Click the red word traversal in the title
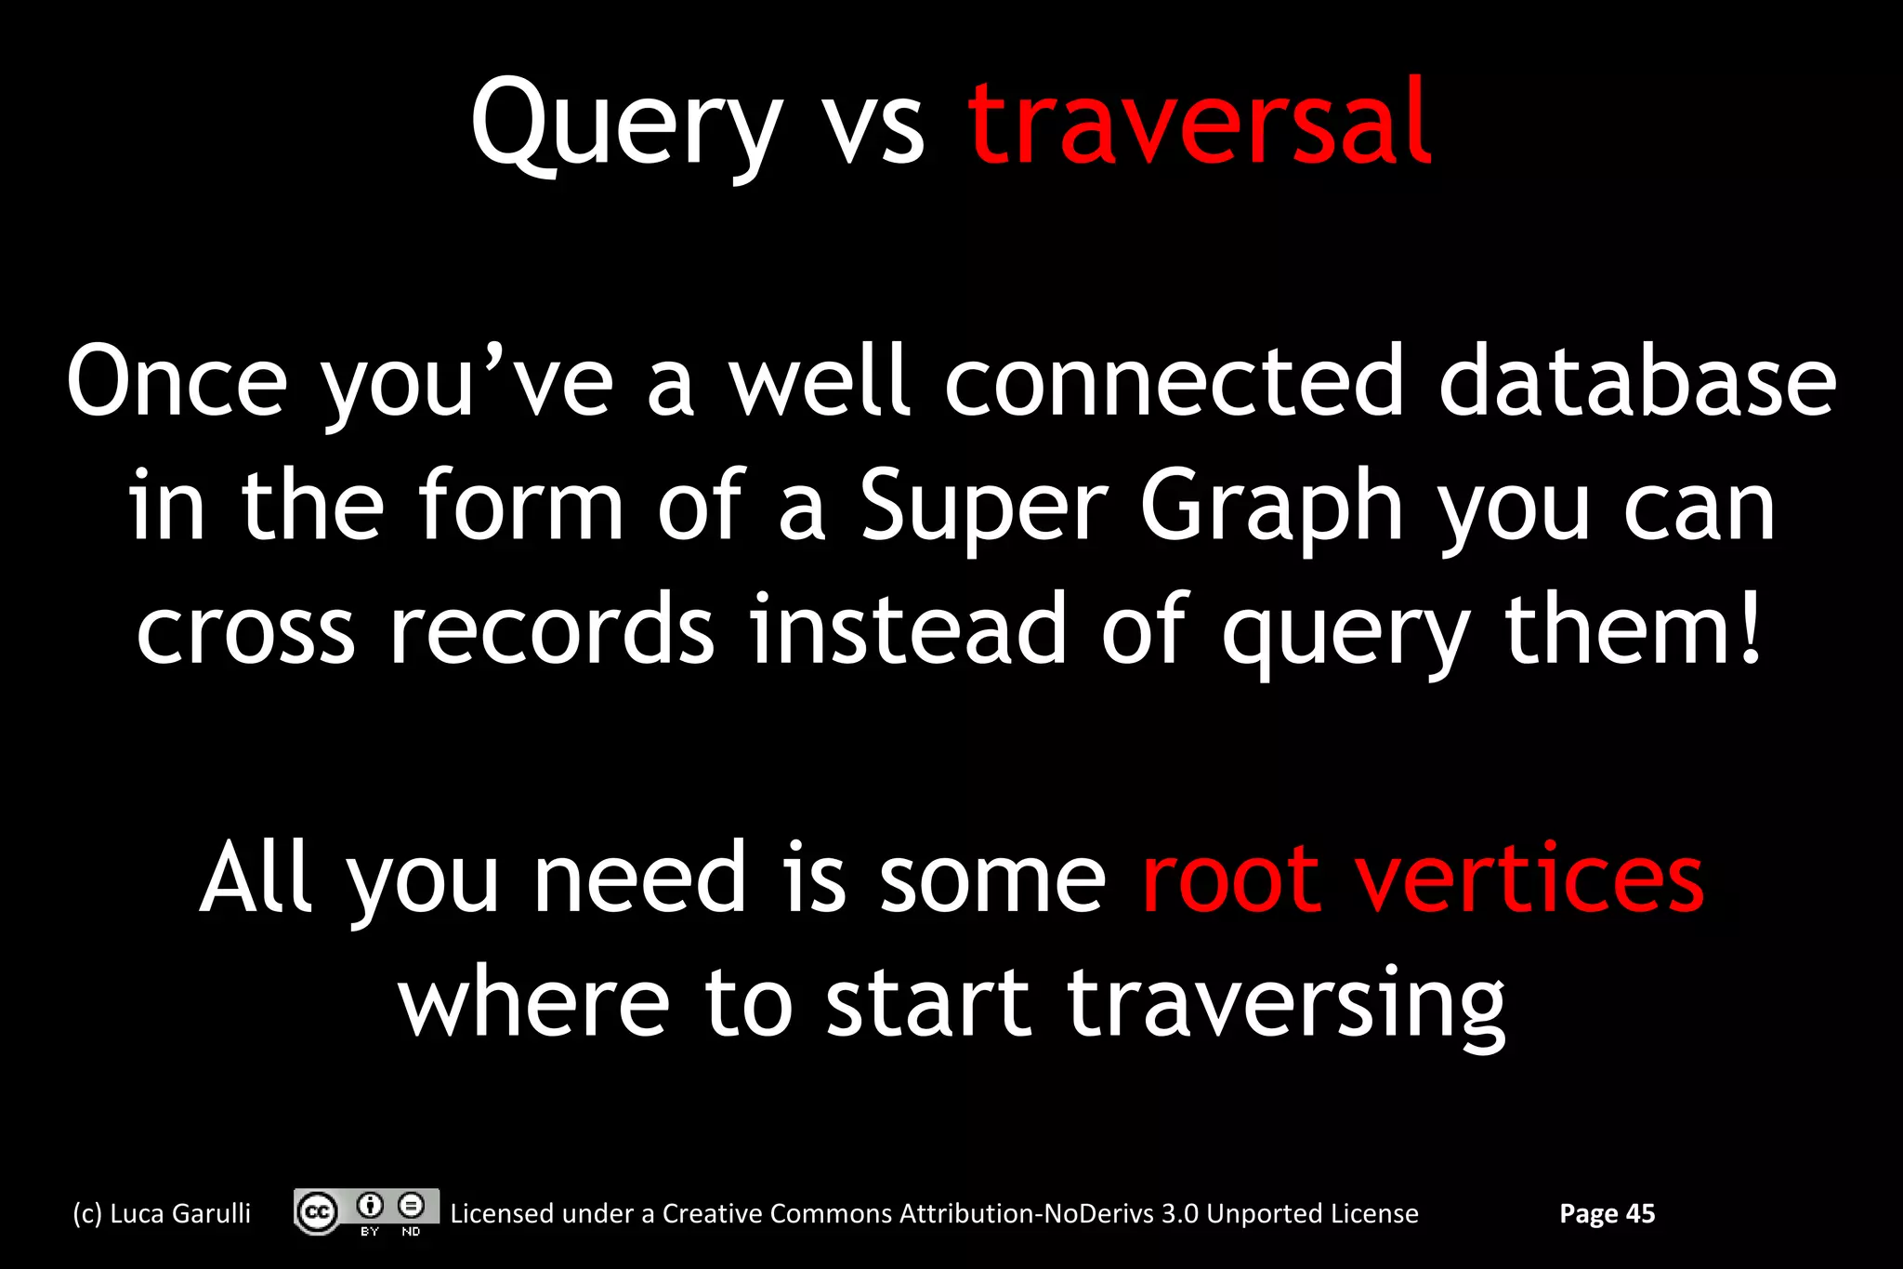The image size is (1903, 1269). pyautogui.click(x=1199, y=123)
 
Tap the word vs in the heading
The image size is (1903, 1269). pyautogui.click(x=874, y=130)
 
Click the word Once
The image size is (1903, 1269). pyautogui.click(x=177, y=381)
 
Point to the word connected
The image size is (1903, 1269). pyautogui.click(x=1174, y=381)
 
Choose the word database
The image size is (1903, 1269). pyautogui.click(x=1637, y=381)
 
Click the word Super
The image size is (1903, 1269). pyautogui.click(x=984, y=508)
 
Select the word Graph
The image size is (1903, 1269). pyautogui.click(x=1271, y=508)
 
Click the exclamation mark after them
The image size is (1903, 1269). pyautogui.click(x=1751, y=628)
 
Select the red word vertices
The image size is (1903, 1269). pyautogui.click(x=1529, y=879)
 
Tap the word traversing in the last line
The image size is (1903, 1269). pyautogui.click(x=1286, y=1004)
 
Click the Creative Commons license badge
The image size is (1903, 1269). pyautogui.click(x=366, y=1211)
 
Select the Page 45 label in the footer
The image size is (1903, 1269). pyautogui.click(x=1607, y=1213)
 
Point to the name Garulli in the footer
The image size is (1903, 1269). pyautogui.click(x=211, y=1213)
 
